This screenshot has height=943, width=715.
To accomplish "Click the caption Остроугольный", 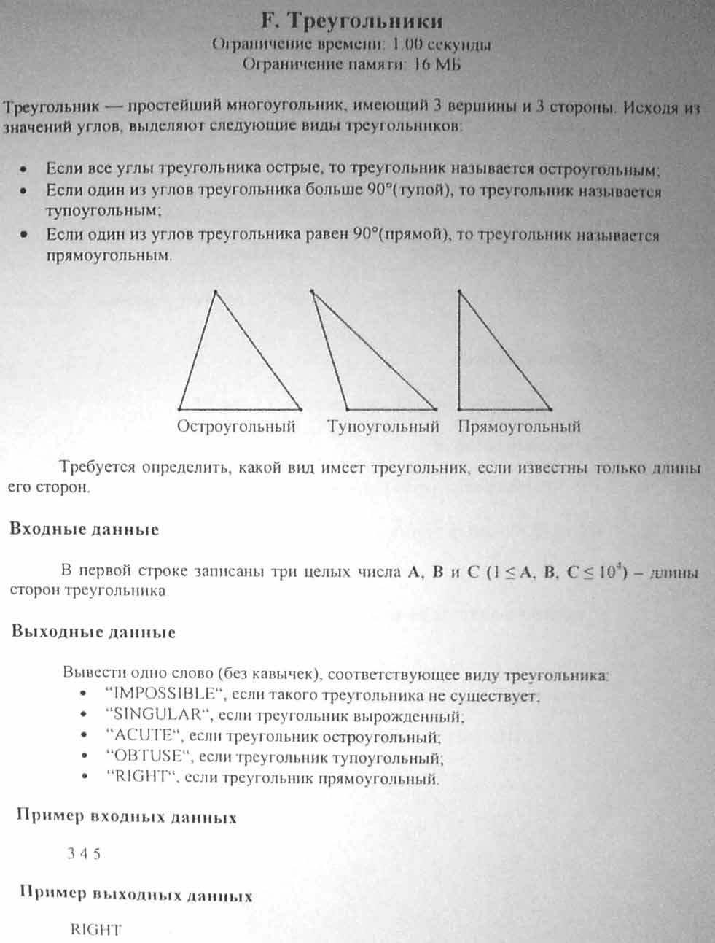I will tap(236, 427).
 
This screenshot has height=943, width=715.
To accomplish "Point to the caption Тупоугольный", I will tap(383, 427).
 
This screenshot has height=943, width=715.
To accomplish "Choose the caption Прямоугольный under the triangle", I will tap(519, 427).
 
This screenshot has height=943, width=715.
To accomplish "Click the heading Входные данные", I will tap(84, 529).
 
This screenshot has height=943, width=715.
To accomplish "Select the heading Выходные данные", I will tap(93, 632).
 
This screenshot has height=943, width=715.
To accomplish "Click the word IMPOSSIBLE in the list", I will tap(163, 693).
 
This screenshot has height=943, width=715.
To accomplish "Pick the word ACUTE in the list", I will tap(142, 735).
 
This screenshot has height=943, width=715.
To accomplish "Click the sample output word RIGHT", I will tap(95, 929).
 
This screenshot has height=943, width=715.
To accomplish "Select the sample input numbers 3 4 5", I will tap(84, 854).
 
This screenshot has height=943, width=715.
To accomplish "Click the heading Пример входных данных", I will tap(127, 817).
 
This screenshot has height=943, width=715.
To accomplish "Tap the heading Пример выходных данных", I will tap(136, 894).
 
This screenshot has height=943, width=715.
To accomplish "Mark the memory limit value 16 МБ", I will tap(437, 64).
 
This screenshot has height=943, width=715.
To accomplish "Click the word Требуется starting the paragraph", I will tap(98, 467).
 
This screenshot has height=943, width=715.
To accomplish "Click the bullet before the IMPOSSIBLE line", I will tap(85, 694).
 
